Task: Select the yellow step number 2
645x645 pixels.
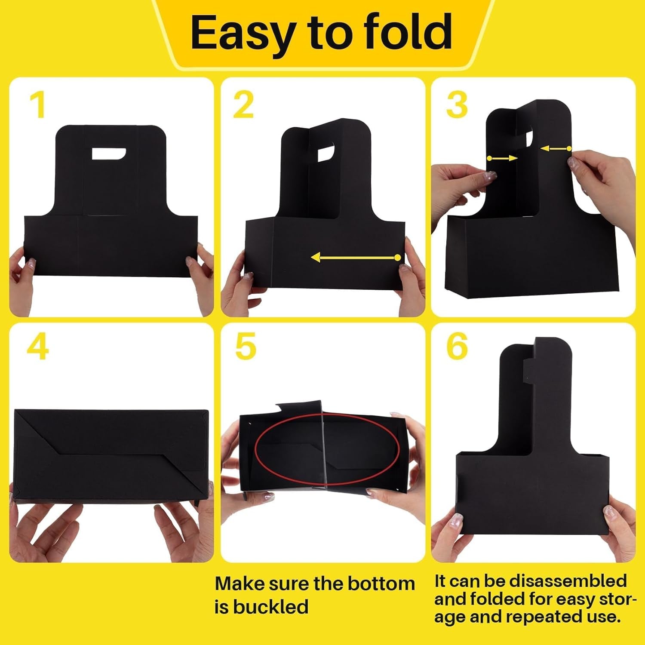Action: [x=243, y=105]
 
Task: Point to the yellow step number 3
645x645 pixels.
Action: [x=457, y=105]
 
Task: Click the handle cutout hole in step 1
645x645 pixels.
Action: [x=108, y=154]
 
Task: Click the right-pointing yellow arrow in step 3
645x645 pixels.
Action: [x=502, y=159]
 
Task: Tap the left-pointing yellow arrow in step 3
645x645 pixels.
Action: [x=555, y=149]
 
